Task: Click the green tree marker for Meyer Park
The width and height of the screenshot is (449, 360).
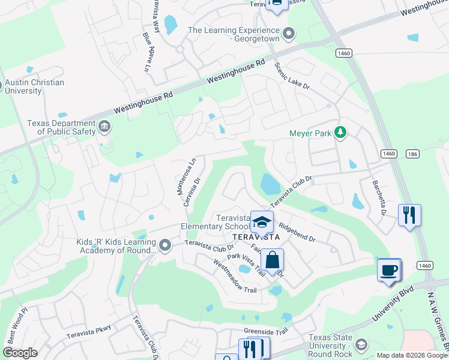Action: point(341,132)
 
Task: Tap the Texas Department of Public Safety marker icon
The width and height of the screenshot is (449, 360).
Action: point(104,127)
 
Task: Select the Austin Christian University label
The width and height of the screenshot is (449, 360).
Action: point(34,86)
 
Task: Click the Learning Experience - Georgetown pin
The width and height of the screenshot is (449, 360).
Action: point(289,34)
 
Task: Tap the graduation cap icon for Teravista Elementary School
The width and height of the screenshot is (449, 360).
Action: point(262,222)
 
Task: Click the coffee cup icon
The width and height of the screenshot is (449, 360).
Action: point(388,269)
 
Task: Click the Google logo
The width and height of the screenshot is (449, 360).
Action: point(20,353)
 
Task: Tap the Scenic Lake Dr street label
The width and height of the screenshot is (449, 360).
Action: point(292,76)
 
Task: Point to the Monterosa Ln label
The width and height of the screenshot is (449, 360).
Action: point(186,176)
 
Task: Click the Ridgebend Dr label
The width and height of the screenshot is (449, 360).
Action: point(297,233)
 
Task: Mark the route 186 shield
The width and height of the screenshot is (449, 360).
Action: point(412,154)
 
